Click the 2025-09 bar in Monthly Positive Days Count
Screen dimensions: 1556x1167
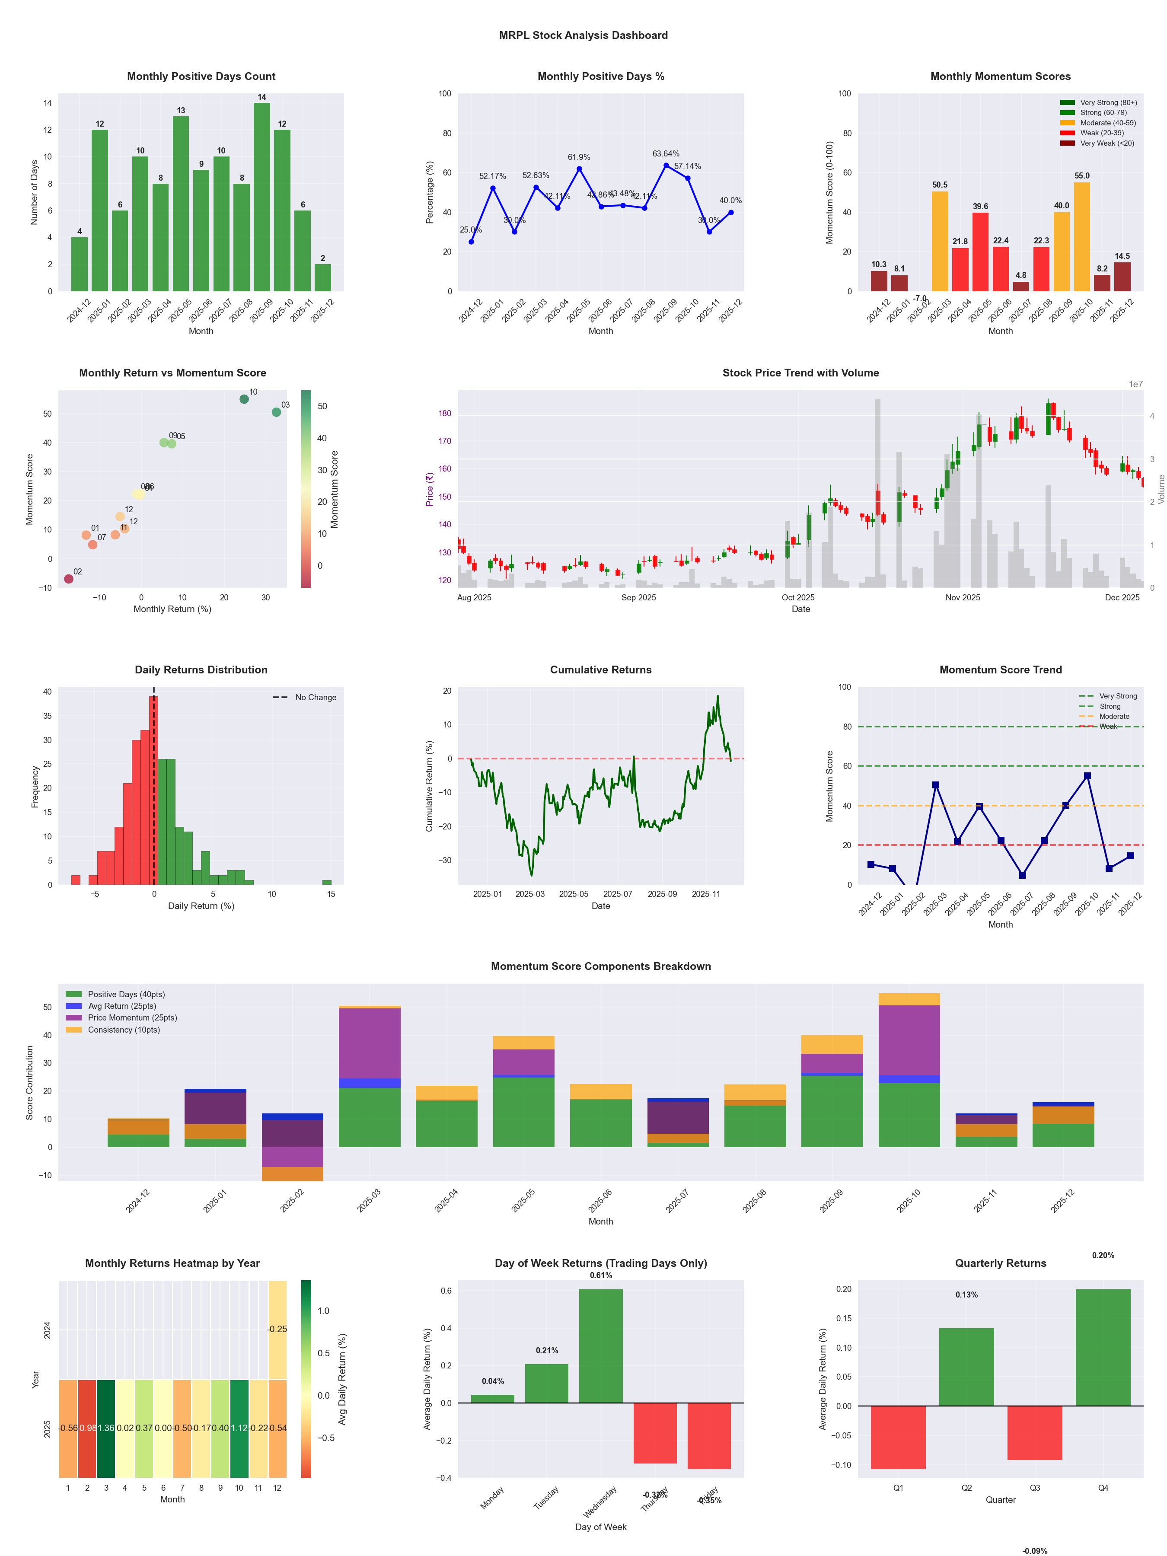pos(261,197)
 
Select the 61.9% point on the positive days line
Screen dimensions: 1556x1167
pos(579,169)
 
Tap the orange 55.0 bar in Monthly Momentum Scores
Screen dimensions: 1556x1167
pos(1082,236)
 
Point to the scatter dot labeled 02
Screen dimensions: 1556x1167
pos(68,579)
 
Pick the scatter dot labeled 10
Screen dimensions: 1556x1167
pos(244,399)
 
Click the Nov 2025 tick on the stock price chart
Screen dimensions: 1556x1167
pos(962,597)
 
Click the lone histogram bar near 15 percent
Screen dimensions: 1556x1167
pos(327,882)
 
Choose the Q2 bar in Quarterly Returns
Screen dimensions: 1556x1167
pos(966,1367)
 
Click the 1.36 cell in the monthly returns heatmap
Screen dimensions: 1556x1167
pos(106,1428)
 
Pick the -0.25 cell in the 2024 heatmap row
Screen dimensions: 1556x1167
pos(277,1329)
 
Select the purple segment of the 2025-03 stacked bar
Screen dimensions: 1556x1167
pos(369,1043)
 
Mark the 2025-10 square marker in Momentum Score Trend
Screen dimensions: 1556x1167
pos(1087,776)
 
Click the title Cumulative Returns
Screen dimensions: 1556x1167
pos(601,670)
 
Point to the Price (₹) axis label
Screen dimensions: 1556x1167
pos(429,489)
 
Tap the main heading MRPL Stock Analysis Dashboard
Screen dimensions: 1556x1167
pos(583,35)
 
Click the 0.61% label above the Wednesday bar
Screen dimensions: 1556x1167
pos(601,1275)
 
